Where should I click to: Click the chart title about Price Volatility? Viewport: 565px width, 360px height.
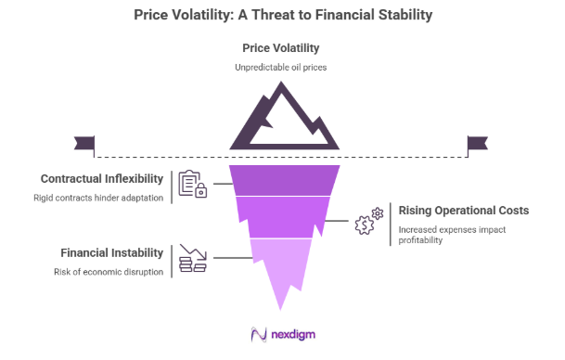(x=282, y=15)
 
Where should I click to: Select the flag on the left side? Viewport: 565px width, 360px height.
(x=84, y=144)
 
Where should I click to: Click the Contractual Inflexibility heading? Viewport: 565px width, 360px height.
(x=102, y=178)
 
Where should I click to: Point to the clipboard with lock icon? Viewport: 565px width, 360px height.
(x=192, y=185)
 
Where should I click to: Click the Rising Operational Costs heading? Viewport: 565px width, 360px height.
(x=463, y=211)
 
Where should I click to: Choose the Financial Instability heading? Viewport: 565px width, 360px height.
(x=112, y=252)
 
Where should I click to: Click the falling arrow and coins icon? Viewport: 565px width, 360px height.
(x=192, y=259)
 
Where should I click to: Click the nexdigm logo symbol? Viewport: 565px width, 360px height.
(x=259, y=335)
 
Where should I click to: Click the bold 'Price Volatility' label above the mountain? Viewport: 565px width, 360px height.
(x=282, y=47)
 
